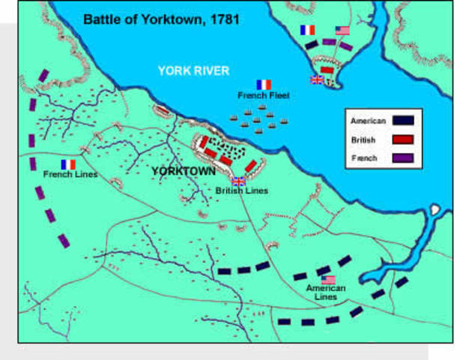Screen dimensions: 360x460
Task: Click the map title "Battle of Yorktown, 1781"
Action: [x=160, y=18]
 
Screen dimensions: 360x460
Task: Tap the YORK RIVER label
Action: [x=193, y=70]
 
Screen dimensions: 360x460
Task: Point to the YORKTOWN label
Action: [x=184, y=172]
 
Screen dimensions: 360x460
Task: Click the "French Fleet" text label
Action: [x=263, y=95]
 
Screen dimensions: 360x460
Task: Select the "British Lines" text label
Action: [x=241, y=190]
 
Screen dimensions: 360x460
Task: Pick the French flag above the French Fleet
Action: [x=263, y=85]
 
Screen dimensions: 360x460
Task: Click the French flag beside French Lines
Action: [x=68, y=164]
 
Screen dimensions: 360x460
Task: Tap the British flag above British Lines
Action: [x=239, y=181]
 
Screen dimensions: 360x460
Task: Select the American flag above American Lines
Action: [x=328, y=280]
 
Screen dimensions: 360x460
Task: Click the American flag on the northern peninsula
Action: [x=342, y=31]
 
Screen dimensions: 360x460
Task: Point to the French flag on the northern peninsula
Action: [x=307, y=30]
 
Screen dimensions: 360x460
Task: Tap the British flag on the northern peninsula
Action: [x=317, y=79]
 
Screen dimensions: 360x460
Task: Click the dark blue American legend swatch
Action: [x=402, y=120]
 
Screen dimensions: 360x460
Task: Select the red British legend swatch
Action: [x=402, y=139]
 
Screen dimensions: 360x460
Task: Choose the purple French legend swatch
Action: [x=402, y=158]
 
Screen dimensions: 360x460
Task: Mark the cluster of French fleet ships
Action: [x=258, y=116]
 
